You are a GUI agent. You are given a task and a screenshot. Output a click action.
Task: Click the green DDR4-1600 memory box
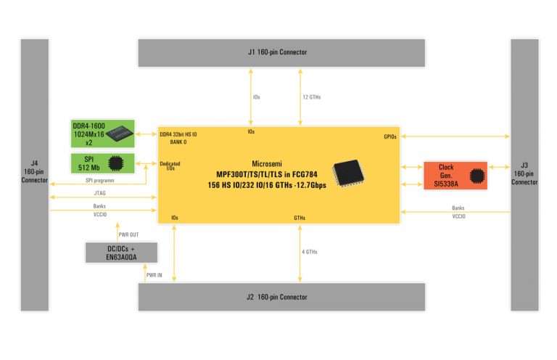(102, 134)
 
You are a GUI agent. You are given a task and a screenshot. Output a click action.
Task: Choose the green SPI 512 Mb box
(102, 163)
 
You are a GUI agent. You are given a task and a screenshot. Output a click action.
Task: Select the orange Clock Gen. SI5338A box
(454, 176)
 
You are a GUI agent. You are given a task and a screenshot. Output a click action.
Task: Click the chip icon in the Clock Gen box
(476, 176)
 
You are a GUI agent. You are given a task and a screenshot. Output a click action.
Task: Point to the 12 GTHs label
(311, 97)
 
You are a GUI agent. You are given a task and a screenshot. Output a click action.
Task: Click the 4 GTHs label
(310, 251)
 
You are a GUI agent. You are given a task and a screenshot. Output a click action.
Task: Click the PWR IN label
(154, 275)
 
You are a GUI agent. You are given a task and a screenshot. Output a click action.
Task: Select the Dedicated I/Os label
(170, 165)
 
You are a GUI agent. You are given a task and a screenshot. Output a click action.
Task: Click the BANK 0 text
(168, 142)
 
